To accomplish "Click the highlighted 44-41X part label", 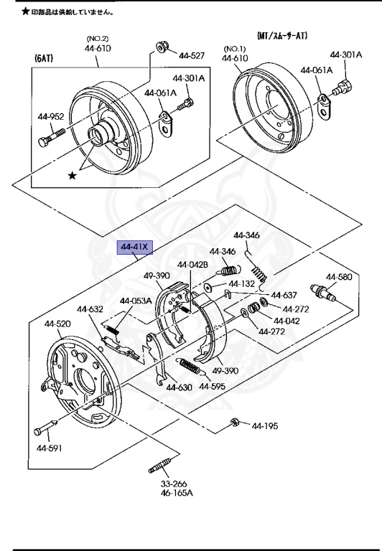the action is (x=135, y=248).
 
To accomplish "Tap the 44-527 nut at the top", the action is (x=162, y=47).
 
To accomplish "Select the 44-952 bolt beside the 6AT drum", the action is (x=52, y=138).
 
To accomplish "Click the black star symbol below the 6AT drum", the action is (x=72, y=175).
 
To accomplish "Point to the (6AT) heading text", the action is (x=44, y=58).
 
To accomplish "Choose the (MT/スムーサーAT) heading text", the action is (x=282, y=35).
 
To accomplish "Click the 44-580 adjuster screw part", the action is (x=323, y=293).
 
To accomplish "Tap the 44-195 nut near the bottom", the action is (x=235, y=422).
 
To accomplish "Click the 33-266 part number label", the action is (x=174, y=484).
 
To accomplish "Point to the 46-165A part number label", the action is (x=177, y=493).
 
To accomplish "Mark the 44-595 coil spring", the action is (x=190, y=367).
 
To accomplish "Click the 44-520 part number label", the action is (x=57, y=324).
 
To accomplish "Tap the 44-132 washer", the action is (x=208, y=287).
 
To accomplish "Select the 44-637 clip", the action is (x=227, y=293).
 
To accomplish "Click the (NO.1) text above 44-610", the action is (x=235, y=49).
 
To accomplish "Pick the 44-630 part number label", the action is (x=179, y=387).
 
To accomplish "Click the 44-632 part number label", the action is (x=90, y=309).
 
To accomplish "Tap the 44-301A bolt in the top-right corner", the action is (x=343, y=87).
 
